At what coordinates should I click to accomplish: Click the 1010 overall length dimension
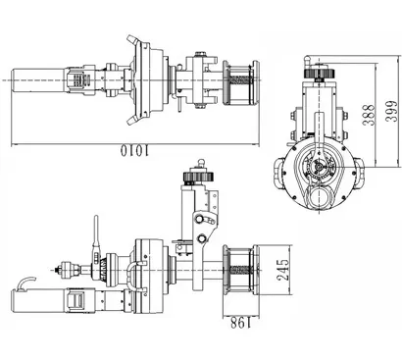point(135,150)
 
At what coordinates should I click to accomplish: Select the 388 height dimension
point(370,115)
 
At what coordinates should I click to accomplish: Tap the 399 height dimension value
point(391,112)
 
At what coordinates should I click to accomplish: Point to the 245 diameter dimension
point(282,270)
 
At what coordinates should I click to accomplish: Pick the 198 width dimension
point(240,324)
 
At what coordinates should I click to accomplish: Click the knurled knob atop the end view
point(319,73)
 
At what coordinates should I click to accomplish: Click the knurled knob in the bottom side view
point(198,177)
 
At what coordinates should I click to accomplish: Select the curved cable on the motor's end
point(27,283)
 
